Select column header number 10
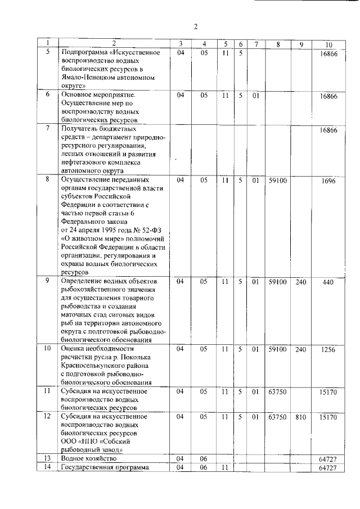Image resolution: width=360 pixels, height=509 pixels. (328, 44)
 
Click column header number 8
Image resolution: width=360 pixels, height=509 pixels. (278, 44)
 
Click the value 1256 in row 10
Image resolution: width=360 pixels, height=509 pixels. (328, 349)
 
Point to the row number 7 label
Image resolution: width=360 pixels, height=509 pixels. (48, 130)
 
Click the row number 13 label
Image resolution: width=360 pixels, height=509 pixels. (48, 459)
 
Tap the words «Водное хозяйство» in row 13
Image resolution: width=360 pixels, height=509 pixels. (85, 459)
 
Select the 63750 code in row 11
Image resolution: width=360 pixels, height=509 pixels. (278, 391)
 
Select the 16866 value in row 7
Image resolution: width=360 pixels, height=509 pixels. (328, 130)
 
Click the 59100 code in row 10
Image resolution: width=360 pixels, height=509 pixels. (278, 349)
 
